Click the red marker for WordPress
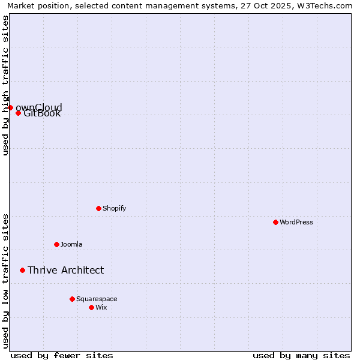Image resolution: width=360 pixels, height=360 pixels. (x=275, y=222)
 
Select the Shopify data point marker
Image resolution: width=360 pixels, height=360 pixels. (x=98, y=208)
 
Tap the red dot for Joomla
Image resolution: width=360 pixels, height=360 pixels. (x=56, y=244)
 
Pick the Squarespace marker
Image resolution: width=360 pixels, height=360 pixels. (x=72, y=299)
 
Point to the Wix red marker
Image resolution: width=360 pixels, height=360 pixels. (x=91, y=307)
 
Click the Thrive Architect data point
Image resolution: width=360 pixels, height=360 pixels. (x=22, y=270)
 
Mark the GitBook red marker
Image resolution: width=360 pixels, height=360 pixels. (x=18, y=113)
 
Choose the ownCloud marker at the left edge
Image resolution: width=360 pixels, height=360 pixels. (x=10, y=107)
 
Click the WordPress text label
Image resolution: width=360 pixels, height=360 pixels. (x=296, y=222)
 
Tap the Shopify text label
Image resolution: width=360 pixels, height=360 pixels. (x=114, y=208)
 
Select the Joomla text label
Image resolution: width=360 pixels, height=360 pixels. (x=71, y=244)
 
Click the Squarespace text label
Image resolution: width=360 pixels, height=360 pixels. (x=97, y=299)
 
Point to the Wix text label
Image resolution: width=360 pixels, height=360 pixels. (x=101, y=307)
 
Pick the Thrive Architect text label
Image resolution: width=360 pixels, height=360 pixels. (x=65, y=270)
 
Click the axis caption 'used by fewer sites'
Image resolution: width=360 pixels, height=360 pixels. (x=62, y=355)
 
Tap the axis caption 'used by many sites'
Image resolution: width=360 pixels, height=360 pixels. (x=301, y=355)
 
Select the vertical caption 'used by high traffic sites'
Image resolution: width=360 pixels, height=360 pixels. (x=5, y=85)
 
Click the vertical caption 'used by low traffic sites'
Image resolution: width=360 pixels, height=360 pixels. (x=5, y=281)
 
